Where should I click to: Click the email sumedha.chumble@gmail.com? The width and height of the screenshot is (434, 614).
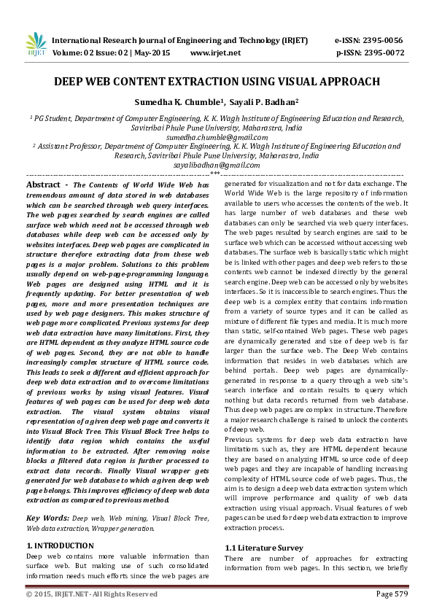click(217, 136)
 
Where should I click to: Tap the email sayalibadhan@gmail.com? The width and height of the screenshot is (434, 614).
click(217, 166)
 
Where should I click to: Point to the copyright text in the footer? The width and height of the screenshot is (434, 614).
click(92, 594)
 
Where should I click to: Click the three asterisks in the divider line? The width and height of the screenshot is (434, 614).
click(215, 174)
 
